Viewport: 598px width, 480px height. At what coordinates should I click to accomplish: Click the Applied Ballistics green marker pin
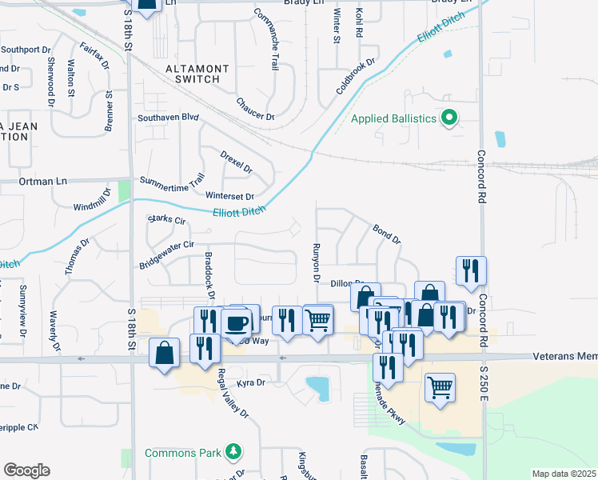pos(449,119)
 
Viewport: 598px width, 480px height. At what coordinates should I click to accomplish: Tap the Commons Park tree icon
pos(233,453)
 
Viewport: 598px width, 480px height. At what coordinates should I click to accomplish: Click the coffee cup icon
pos(236,322)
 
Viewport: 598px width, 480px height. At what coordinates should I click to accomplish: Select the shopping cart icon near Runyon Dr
pos(318,320)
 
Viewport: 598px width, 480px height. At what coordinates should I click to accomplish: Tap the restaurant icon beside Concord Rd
pos(471,271)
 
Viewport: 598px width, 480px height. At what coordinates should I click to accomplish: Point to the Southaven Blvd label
pos(167,117)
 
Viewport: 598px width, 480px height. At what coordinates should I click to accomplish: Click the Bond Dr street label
pos(386,234)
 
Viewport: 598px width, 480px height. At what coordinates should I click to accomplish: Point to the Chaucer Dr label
pos(255,110)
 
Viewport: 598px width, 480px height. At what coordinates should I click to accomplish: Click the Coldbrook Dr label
pos(356,77)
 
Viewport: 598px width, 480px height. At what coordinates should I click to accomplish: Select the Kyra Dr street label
pos(249,383)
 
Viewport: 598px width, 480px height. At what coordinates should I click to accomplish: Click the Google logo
pos(26,470)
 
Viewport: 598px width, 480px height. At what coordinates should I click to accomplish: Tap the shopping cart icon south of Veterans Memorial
pos(440,387)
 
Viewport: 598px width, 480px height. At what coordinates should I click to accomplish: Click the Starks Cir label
pos(166,219)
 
